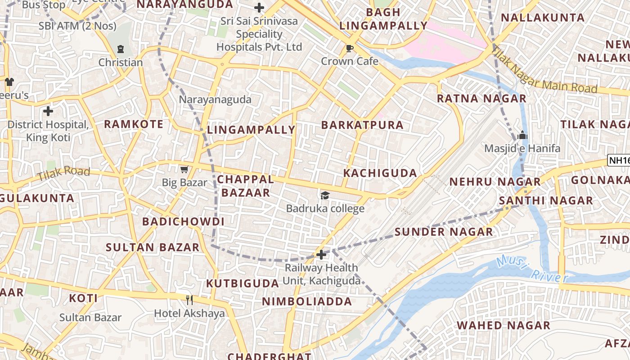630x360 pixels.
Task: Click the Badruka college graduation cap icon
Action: (x=325, y=195)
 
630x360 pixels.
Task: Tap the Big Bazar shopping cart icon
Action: (x=184, y=169)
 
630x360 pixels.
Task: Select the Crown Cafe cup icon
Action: (x=350, y=48)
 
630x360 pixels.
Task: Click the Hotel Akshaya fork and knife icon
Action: (x=189, y=300)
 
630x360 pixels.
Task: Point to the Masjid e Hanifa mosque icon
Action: (x=522, y=135)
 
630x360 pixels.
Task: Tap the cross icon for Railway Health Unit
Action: (x=321, y=255)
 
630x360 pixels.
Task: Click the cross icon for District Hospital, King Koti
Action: (x=48, y=111)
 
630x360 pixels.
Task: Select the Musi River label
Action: (x=532, y=269)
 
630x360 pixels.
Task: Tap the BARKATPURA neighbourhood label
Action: (x=362, y=125)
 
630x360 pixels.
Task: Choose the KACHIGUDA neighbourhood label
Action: (x=380, y=173)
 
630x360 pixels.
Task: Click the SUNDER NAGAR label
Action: (x=444, y=232)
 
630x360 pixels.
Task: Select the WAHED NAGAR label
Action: (x=504, y=325)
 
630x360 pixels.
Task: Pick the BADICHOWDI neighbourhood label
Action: (x=183, y=221)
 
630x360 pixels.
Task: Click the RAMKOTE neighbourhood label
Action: (x=134, y=124)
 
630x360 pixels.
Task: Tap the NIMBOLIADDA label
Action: (x=307, y=301)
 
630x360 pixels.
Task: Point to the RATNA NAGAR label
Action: (x=481, y=98)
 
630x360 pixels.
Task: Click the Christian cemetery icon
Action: (x=121, y=49)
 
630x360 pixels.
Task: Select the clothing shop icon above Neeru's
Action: (x=9, y=81)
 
